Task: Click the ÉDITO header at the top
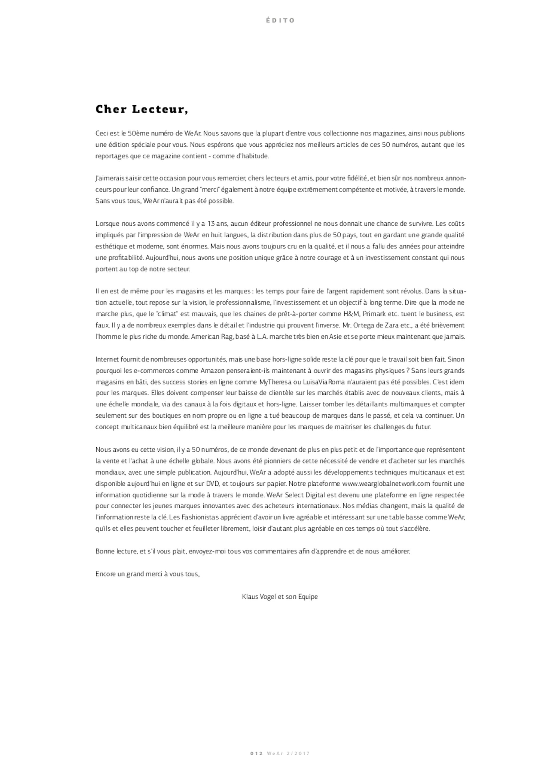pyautogui.click(x=280, y=20)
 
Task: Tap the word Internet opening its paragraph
pyautogui.click(x=107, y=359)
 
